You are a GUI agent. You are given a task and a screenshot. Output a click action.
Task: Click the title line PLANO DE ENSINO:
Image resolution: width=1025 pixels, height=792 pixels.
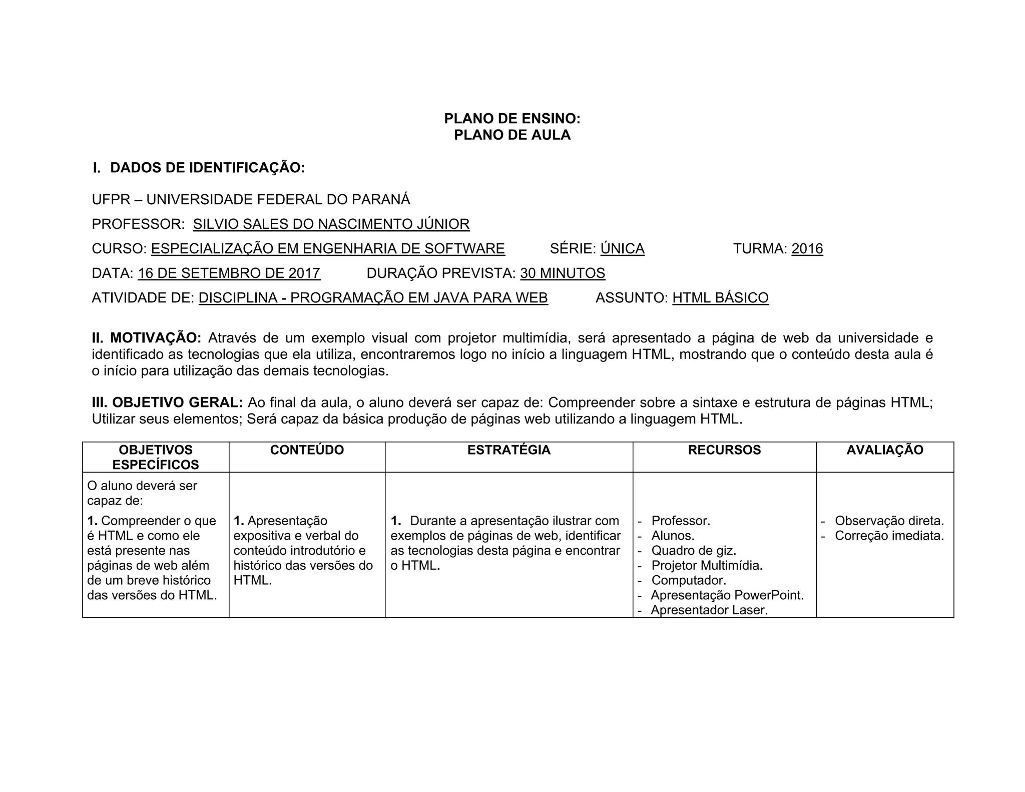click(512, 119)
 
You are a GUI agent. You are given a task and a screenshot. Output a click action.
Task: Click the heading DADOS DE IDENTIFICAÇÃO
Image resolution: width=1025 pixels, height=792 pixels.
click(207, 168)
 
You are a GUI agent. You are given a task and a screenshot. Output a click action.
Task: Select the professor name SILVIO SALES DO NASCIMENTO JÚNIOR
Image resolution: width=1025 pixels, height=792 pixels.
click(331, 224)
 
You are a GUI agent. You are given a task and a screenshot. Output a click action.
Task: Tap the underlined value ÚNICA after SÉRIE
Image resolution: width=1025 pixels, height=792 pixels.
click(622, 248)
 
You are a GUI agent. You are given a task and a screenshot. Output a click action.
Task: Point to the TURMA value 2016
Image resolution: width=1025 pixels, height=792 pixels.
click(807, 248)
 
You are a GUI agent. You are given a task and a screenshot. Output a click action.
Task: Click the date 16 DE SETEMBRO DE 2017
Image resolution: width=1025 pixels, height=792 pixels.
click(229, 273)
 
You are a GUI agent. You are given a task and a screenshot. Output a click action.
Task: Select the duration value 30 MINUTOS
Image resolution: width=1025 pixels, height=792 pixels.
click(563, 273)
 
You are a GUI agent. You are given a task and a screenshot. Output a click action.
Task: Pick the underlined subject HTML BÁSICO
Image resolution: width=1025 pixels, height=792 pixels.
click(720, 298)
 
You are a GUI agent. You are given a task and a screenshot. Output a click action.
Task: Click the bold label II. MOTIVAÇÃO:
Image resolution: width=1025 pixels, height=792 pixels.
click(146, 338)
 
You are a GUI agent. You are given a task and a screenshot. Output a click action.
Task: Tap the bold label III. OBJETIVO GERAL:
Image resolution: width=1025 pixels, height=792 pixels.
click(167, 403)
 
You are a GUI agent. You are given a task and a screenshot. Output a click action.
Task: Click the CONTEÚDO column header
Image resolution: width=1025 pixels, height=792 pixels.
click(307, 450)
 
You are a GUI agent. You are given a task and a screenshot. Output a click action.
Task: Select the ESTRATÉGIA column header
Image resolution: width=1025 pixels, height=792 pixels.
click(508, 450)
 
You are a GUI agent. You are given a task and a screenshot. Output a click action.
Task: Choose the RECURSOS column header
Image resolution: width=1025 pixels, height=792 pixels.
click(724, 450)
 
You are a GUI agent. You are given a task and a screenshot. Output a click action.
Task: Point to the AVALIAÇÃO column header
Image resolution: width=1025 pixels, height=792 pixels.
click(884, 450)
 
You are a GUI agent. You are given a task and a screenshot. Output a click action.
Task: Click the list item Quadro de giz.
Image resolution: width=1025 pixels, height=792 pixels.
click(693, 551)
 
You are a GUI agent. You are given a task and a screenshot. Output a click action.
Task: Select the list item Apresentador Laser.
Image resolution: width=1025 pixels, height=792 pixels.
click(709, 610)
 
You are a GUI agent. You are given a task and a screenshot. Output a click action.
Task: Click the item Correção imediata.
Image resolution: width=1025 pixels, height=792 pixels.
click(889, 536)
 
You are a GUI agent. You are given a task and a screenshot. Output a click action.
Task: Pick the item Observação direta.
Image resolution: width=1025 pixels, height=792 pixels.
click(889, 521)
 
